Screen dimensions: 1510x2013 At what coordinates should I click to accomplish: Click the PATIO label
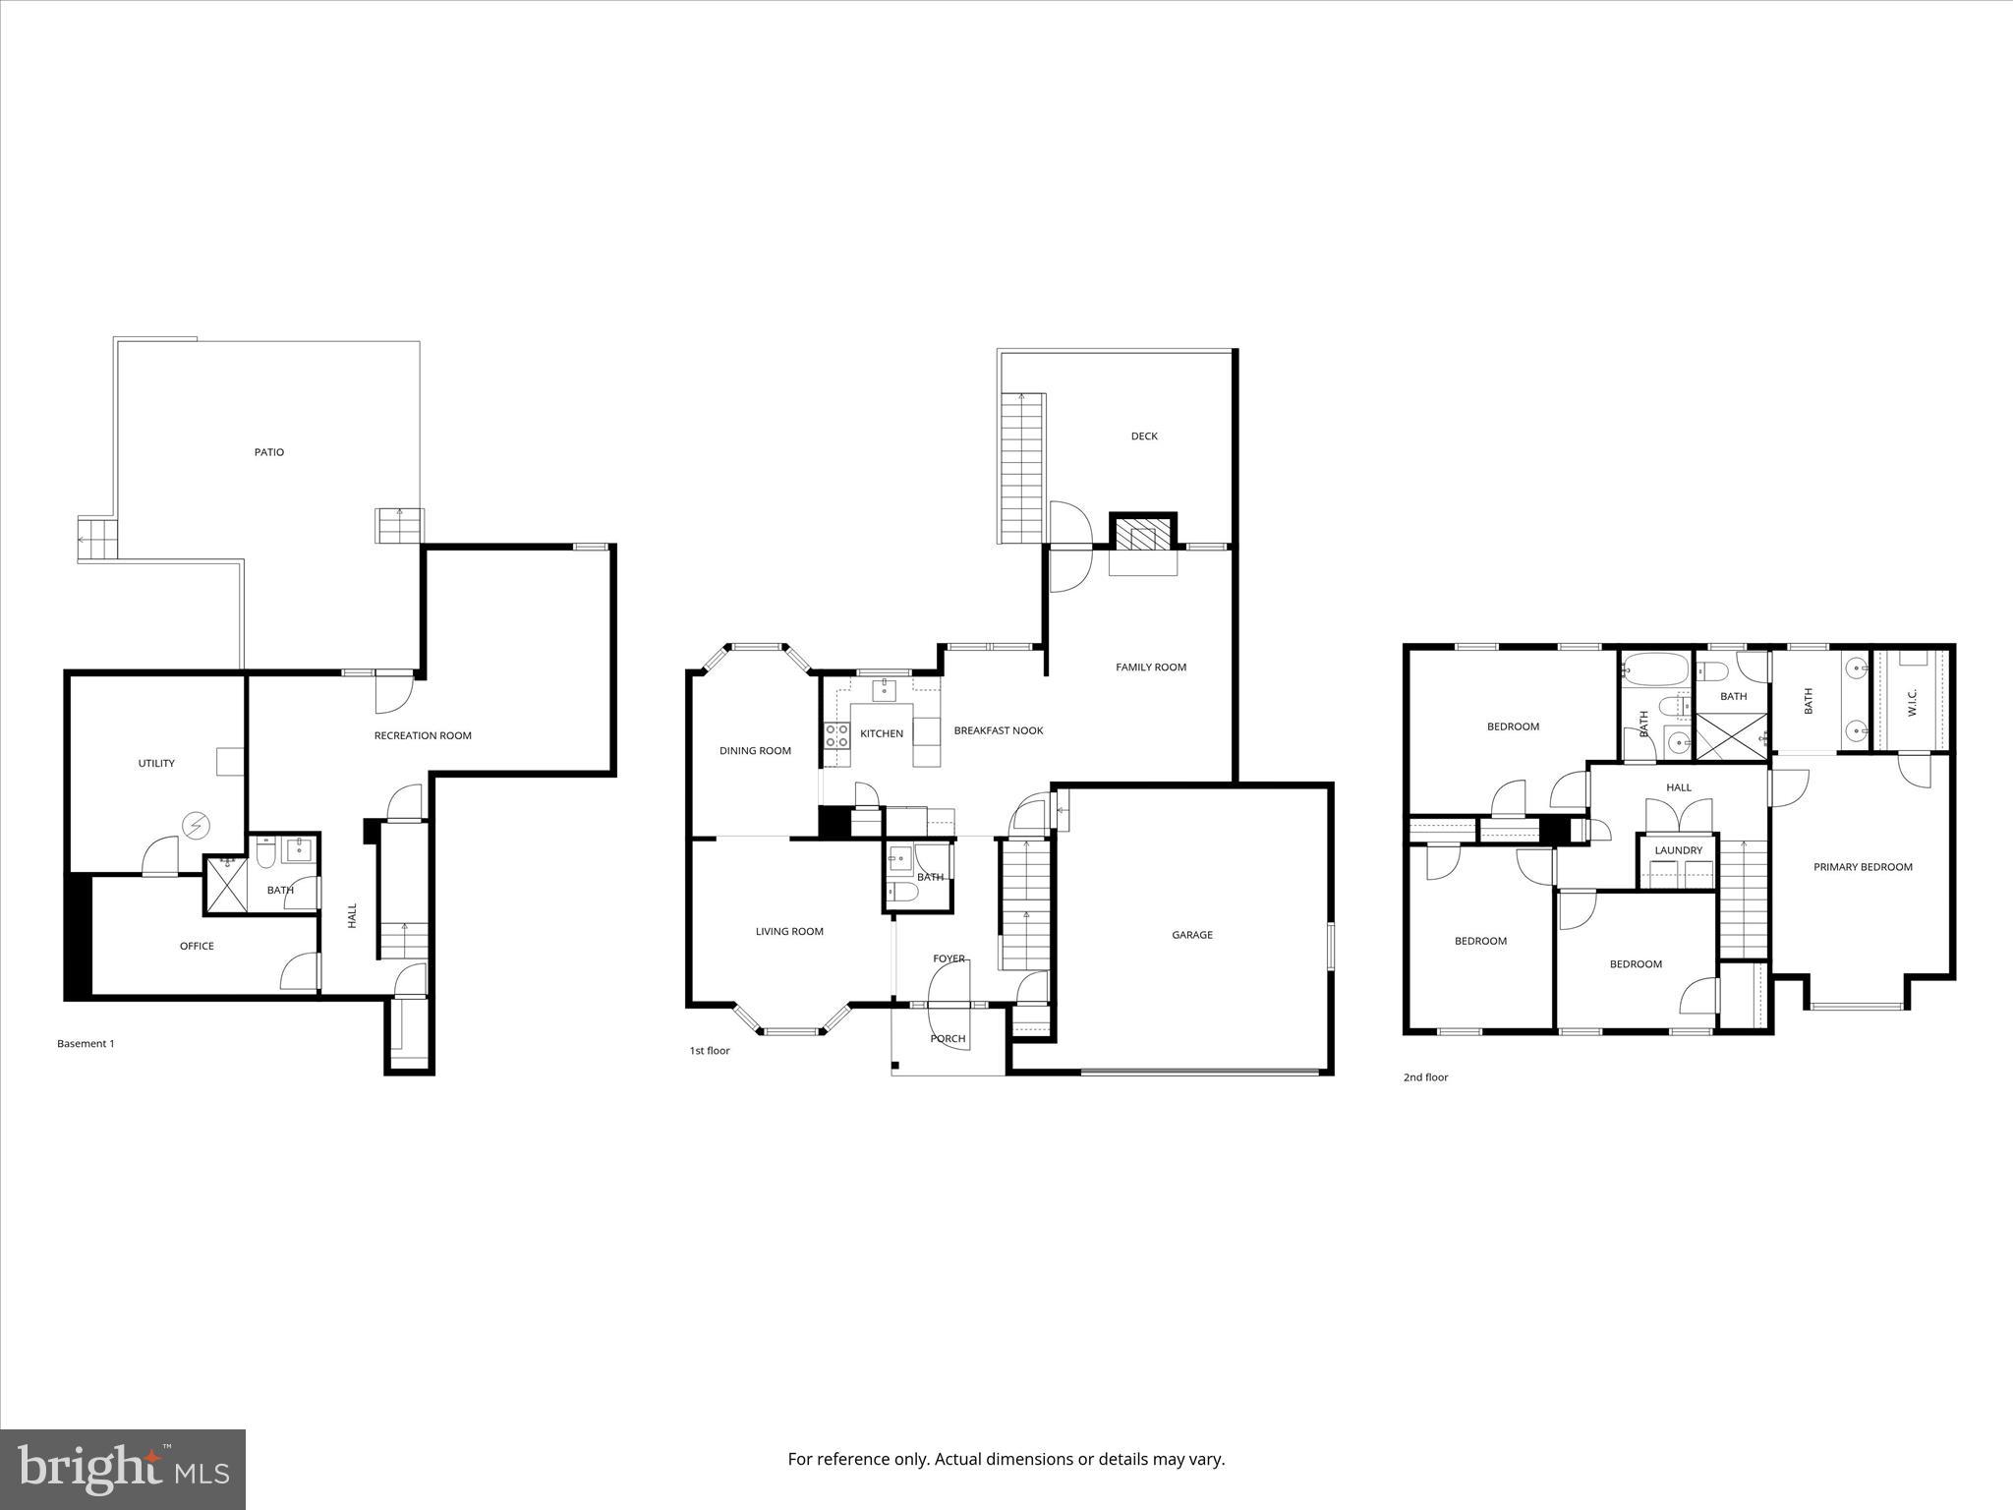269,452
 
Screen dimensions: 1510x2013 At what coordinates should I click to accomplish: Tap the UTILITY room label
156,763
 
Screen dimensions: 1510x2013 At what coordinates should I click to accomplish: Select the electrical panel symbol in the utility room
197,826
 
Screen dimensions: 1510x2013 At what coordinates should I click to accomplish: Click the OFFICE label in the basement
197,946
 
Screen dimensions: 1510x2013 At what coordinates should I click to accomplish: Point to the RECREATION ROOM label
423,735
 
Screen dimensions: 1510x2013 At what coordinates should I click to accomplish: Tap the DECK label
1144,436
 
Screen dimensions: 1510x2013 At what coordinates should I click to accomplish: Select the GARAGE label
1191,935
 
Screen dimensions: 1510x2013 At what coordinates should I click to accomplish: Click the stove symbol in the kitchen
837,735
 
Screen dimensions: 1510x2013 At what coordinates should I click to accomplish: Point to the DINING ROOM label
755,751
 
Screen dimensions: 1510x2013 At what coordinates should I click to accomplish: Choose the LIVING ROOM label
789,931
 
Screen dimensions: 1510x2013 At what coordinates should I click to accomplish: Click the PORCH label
948,1038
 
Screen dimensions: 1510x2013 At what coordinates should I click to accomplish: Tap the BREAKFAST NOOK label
998,730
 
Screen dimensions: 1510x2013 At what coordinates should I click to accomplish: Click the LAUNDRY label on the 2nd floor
1678,850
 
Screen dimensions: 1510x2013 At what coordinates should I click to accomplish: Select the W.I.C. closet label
1913,702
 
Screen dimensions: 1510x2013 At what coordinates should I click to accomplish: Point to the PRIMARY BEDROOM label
1863,867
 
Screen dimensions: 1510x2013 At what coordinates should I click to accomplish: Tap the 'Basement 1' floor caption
86,1044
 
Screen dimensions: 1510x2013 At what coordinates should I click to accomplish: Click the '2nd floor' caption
1425,1077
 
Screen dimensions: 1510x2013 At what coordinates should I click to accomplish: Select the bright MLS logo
123,1469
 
